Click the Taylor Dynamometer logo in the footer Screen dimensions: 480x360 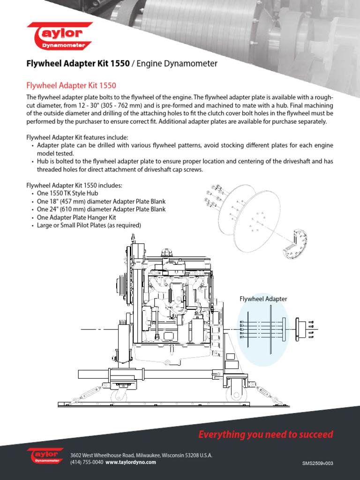[45, 456]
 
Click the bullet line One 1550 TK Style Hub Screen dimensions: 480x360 [67, 193]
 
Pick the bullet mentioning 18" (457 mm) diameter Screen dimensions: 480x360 [101, 201]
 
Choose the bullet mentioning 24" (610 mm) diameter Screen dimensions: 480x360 [101, 209]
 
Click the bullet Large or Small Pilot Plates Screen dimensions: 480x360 [89, 225]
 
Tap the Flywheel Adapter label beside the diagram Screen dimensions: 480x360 [263, 299]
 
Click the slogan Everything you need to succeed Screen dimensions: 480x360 [265, 435]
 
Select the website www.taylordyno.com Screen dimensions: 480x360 [130, 462]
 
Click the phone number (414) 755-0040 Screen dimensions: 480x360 [87, 462]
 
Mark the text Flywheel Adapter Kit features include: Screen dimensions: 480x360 [77, 137]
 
